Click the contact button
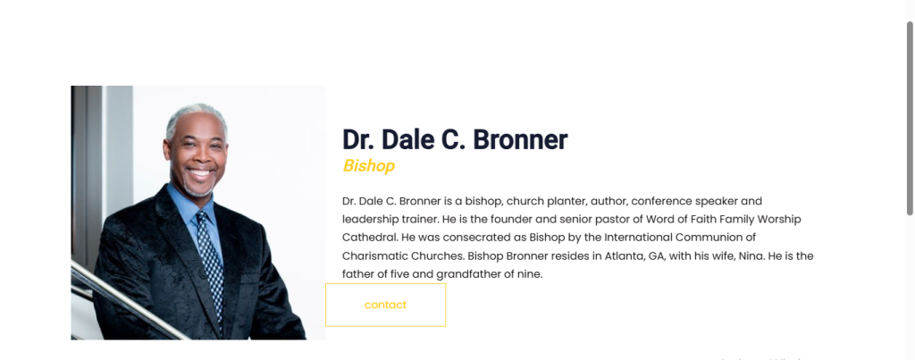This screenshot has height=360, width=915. tap(385, 305)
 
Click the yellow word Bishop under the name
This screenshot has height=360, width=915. tap(368, 165)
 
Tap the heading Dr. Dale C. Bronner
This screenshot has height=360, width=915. tap(455, 139)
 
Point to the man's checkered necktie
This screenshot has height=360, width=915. tap(211, 264)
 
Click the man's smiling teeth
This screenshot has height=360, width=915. tap(200, 173)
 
